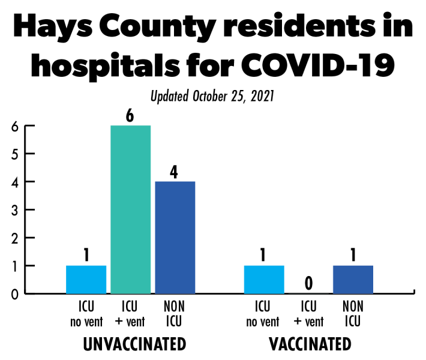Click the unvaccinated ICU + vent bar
click(x=130, y=209)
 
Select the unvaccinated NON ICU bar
click(x=175, y=237)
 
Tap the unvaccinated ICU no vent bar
click(x=86, y=279)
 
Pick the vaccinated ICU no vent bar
click(x=264, y=279)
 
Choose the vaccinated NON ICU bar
click(x=353, y=279)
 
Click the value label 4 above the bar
click(x=175, y=172)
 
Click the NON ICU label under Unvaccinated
click(x=174, y=314)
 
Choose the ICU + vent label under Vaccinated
click(x=308, y=314)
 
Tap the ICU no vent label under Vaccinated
click(x=263, y=314)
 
